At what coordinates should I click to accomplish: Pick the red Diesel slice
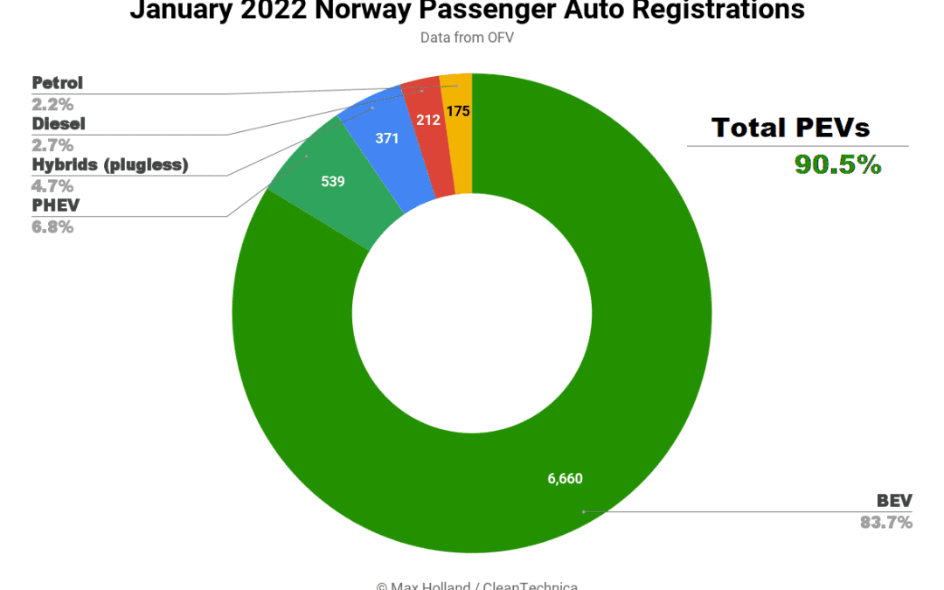pos(428,131)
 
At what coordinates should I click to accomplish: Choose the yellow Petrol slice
pos(457,122)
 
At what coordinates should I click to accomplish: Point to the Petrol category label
pos(58,83)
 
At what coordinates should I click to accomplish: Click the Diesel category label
pos(59,123)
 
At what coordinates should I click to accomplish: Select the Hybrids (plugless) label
pos(110,164)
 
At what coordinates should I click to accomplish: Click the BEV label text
pos(894,501)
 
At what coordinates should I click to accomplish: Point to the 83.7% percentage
pos(886,523)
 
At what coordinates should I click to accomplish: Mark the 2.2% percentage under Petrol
pos(52,104)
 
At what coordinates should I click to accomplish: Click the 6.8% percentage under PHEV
pos(52,226)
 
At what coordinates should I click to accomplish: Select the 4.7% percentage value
pos(52,185)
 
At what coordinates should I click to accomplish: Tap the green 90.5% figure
pos(837,164)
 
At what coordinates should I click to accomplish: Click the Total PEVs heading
pos(790,128)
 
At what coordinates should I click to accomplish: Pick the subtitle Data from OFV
pos(467,38)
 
